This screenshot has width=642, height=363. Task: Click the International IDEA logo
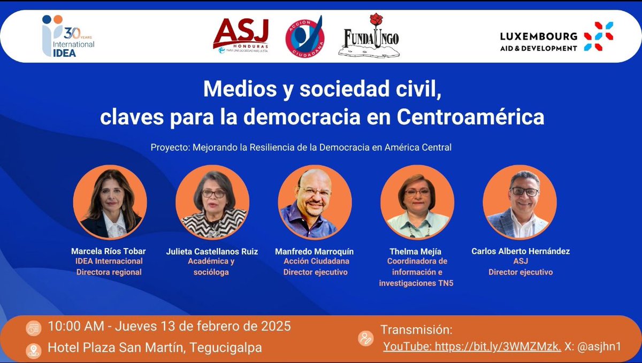click(x=68, y=36)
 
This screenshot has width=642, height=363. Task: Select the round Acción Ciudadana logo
click(x=304, y=36)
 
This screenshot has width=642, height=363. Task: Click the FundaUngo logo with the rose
click(x=369, y=36)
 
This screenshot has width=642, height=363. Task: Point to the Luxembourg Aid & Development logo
click(x=556, y=36)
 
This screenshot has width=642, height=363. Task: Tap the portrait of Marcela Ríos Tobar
click(x=110, y=202)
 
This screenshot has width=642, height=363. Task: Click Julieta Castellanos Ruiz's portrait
click(x=212, y=202)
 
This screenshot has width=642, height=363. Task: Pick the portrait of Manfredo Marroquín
click(x=315, y=202)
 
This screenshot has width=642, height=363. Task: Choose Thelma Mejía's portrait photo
click(x=417, y=202)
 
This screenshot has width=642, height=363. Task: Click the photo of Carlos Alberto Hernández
click(x=519, y=202)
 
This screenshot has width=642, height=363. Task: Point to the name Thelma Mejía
click(x=416, y=251)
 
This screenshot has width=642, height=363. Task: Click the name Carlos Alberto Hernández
click(x=520, y=251)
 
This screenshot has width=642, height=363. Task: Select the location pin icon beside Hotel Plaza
click(x=33, y=348)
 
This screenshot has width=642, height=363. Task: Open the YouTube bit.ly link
click(x=472, y=346)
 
